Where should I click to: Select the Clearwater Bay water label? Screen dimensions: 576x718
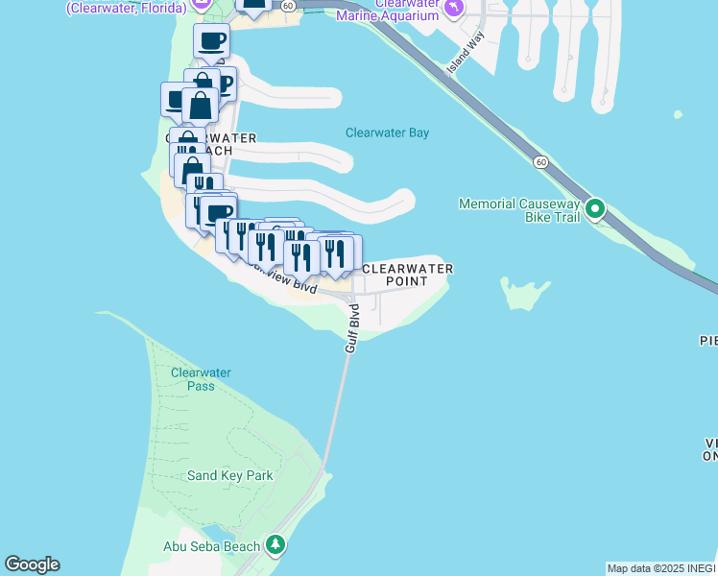click(387, 133)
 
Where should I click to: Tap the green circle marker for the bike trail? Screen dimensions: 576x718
click(595, 207)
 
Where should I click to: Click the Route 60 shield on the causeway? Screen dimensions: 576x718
click(541, 162)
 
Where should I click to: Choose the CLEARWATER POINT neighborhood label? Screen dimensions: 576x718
click(407, 275)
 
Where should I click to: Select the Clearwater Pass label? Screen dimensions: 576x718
click(193, 379)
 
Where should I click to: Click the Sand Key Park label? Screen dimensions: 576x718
click(230, 475)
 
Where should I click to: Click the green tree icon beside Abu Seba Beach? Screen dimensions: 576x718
click(276, 545)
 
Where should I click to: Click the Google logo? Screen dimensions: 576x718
click(32, 564)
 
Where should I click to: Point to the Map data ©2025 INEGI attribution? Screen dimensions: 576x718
click(661, 568)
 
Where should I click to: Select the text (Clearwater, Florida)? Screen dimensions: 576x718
click(124, 7)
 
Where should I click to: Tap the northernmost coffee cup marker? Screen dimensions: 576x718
click(211, 41)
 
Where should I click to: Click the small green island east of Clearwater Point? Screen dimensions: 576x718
click(524, 293)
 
